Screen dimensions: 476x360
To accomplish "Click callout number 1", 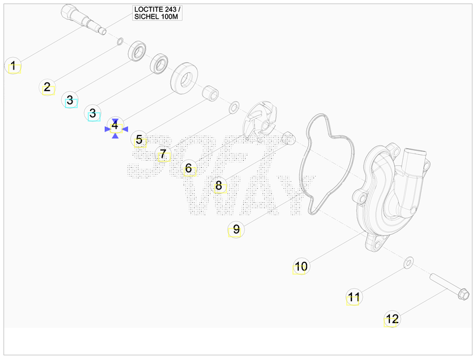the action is pos(13,65).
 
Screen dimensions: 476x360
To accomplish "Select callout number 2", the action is pos(47,87).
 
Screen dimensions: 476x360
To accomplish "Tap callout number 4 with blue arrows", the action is pos(115,124).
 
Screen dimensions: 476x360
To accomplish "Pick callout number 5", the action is pos(139,140).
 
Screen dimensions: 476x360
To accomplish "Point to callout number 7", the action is pos(163,154).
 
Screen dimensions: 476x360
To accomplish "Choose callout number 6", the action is pos(188,168).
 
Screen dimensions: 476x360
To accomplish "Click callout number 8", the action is pos(219,185).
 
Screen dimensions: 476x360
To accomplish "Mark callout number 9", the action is pos(236,230).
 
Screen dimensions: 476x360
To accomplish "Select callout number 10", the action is pos(301,266).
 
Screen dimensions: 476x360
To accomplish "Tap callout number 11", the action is pos(354,297).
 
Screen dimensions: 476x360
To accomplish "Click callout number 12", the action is pos(392,319).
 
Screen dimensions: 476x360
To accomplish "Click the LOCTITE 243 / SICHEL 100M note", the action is pos(157,13).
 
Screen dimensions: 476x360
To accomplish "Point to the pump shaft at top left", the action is pos(83,19).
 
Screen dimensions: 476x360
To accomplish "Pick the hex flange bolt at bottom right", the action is pos(450,286).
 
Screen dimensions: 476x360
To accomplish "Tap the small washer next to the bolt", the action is pos(408,262).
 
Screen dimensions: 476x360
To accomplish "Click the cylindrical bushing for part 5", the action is pos(211,94).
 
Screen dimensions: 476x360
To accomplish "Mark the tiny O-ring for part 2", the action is pos(120,41).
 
